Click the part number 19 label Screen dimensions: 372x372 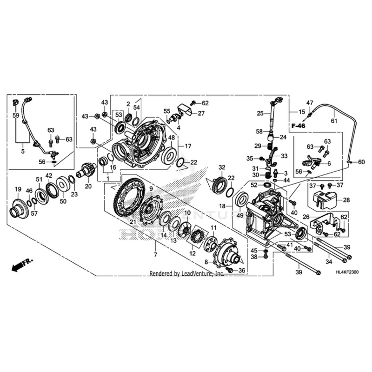(18, 189)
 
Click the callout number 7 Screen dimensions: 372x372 (155, 255)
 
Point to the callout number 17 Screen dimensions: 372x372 (188, 146)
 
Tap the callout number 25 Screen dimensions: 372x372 (260, 113)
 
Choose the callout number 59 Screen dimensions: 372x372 (16, 116)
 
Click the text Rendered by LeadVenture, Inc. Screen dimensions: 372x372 (186, 274)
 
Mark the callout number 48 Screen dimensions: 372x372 (171, 138)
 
